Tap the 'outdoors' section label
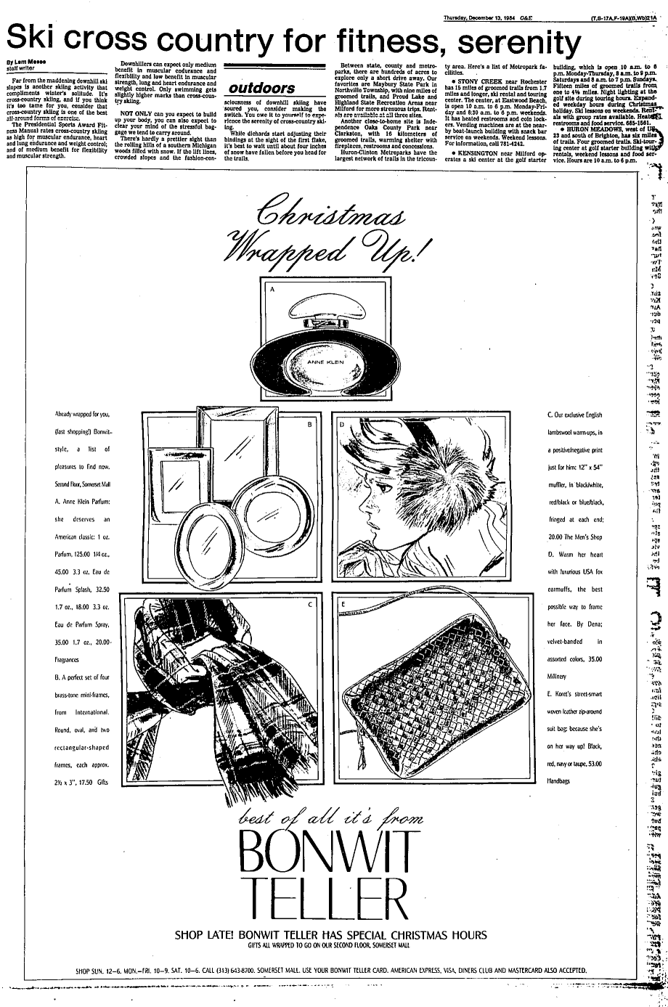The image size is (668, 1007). [x=261, y=89]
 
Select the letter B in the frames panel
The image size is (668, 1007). [x=309, y=423]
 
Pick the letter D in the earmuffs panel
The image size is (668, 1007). [x=342, y=423]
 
